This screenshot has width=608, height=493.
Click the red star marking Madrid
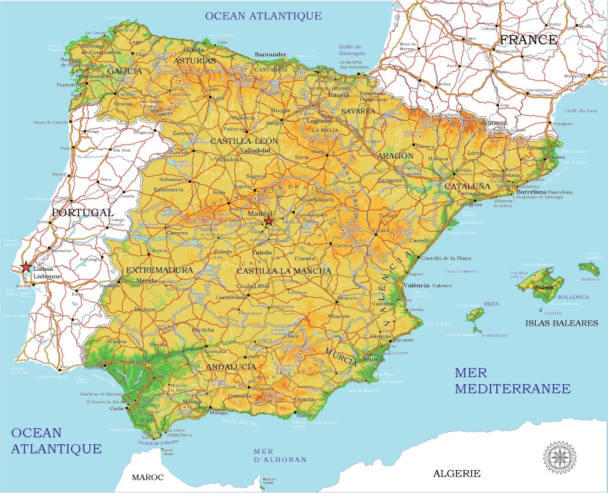[268, 222]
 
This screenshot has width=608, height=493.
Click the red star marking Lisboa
[26, 267]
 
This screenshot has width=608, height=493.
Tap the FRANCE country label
[528, 40]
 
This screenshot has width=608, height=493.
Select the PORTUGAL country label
[82, 212]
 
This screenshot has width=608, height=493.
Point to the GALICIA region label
[125, 71]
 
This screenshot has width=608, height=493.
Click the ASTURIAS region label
[196, 61]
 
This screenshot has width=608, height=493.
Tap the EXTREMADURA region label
[159, 270]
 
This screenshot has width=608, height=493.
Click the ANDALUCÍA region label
[231, 366]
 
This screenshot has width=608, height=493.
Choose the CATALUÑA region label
[467, 186]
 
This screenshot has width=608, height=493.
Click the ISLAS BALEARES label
[562, 323]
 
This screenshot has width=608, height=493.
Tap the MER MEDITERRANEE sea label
[512, 380]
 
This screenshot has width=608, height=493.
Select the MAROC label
[147, 477]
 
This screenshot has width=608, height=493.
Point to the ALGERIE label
[456, 473]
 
